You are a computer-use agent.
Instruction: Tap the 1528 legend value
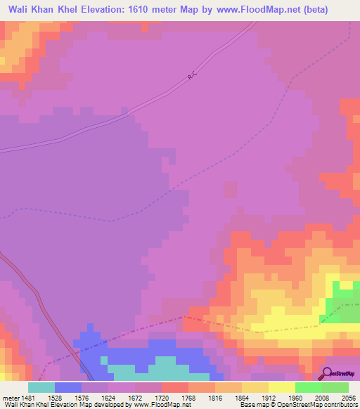point(54,397)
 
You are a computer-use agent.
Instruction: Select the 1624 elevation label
point(108,397)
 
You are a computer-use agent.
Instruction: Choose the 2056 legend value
point(348,397)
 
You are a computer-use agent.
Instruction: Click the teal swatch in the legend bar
point(41,387)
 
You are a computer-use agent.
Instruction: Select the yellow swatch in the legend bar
point(281,387)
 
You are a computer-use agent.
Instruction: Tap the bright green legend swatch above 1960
point(308,387)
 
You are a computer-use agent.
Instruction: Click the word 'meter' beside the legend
point(10,397)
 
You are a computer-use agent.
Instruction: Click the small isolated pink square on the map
point(230,190)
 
